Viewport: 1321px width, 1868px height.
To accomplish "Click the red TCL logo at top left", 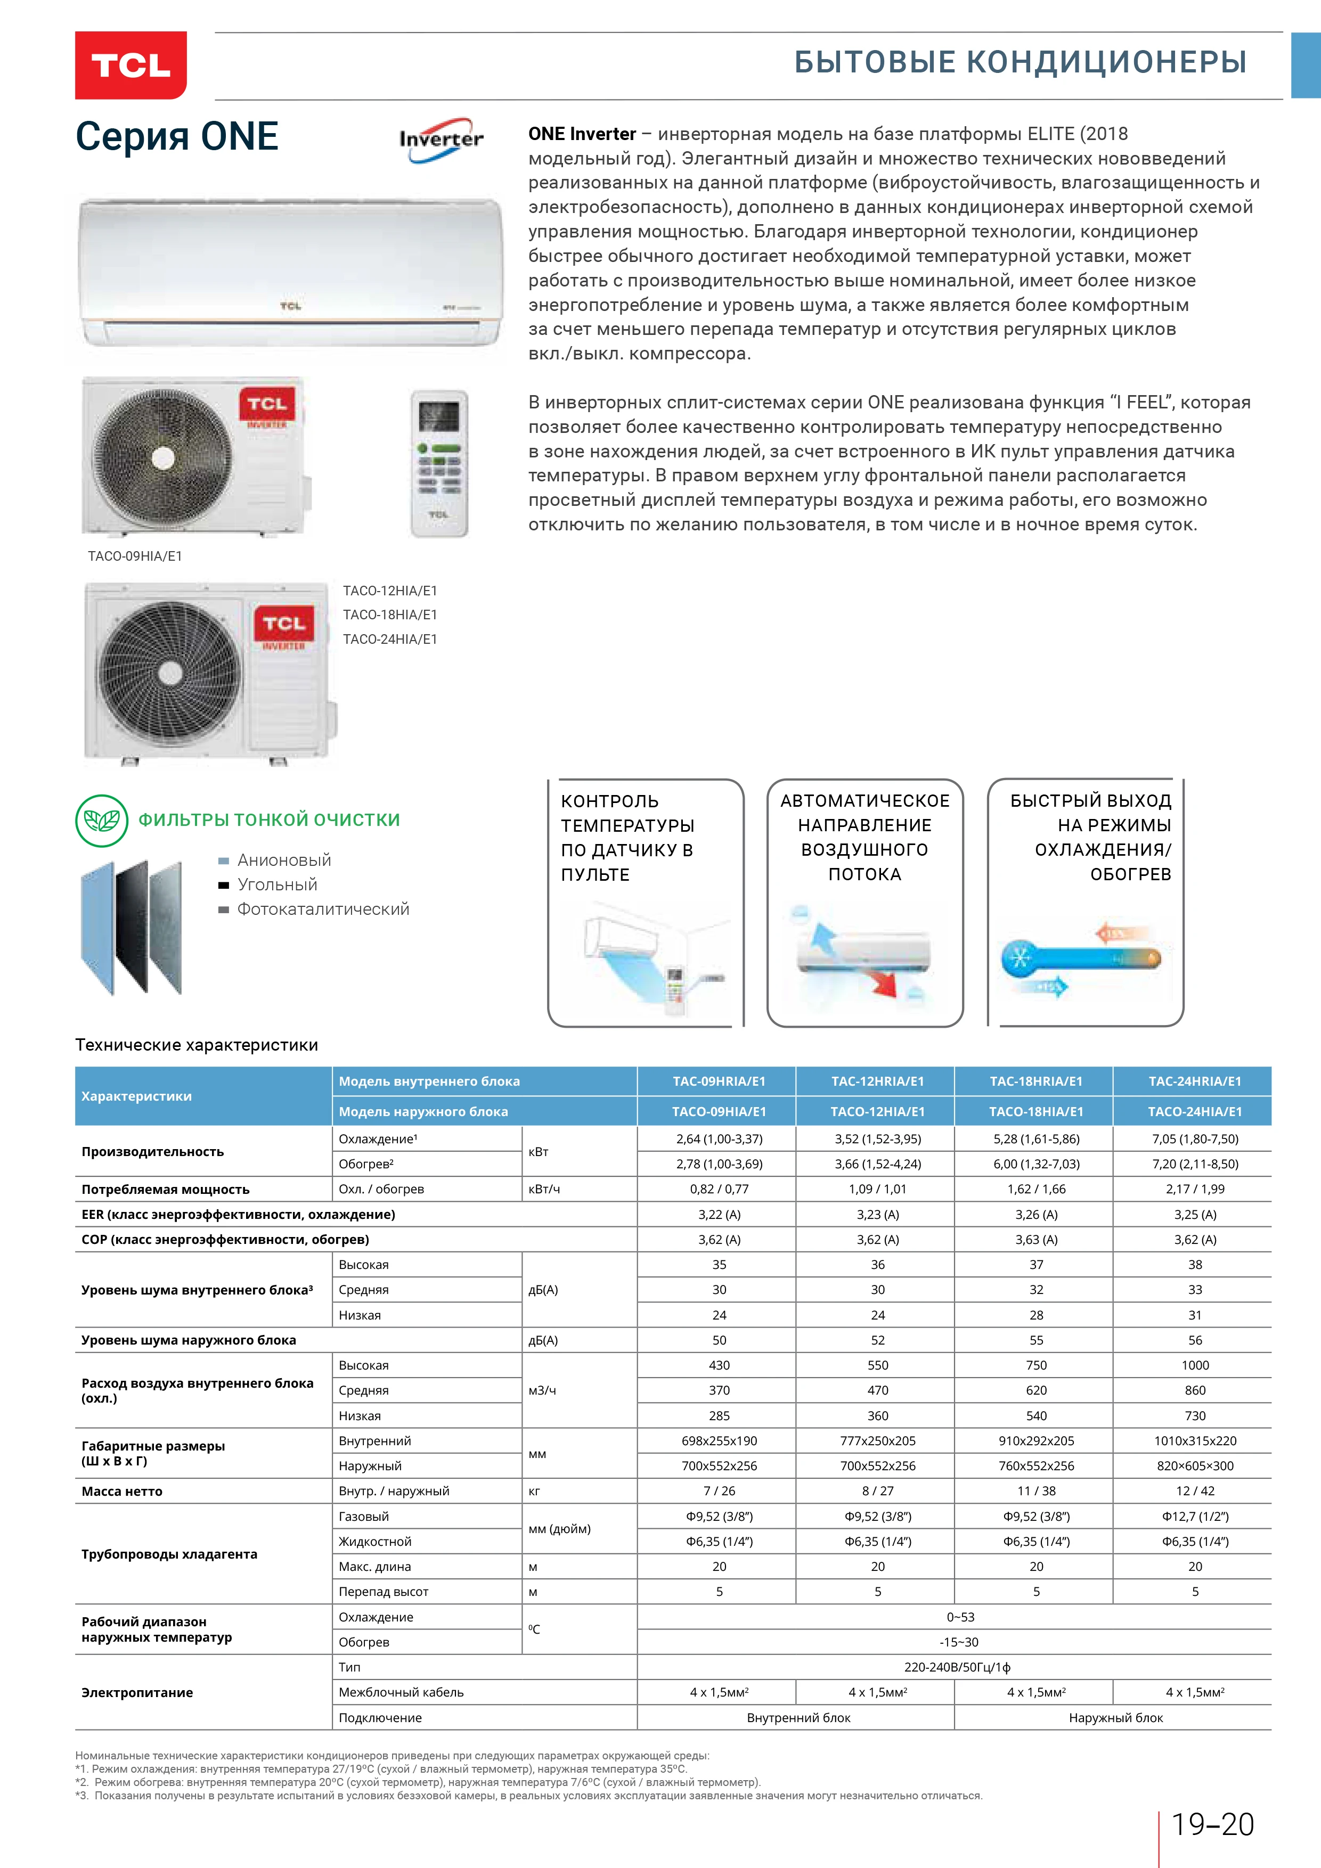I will click(130, 65).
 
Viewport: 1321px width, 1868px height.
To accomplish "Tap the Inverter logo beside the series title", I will click(441, 140).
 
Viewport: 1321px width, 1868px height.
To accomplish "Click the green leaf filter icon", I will click(102, 820).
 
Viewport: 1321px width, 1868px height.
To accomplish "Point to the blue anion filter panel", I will click(97, 928).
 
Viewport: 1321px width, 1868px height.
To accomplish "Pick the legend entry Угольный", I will click(277, 884).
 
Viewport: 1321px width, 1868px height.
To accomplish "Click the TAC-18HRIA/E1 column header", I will click(1035, 1082).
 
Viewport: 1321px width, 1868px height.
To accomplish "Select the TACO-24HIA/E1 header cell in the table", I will click(1194, 1111).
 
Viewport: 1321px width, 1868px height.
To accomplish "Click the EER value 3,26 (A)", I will click(1035, 1215).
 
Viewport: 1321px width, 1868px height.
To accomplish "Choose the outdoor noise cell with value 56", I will click(1194, 1340).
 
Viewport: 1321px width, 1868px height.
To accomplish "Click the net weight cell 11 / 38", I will click(1035, 1492).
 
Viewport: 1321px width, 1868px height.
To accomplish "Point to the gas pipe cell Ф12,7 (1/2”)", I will click(1194, 1517).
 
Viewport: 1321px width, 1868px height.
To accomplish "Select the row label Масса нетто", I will click(122, 1492).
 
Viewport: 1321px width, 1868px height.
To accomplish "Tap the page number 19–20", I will click(1212, 1825).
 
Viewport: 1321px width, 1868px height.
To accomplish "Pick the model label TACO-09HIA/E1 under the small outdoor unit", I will click(135, 556).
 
